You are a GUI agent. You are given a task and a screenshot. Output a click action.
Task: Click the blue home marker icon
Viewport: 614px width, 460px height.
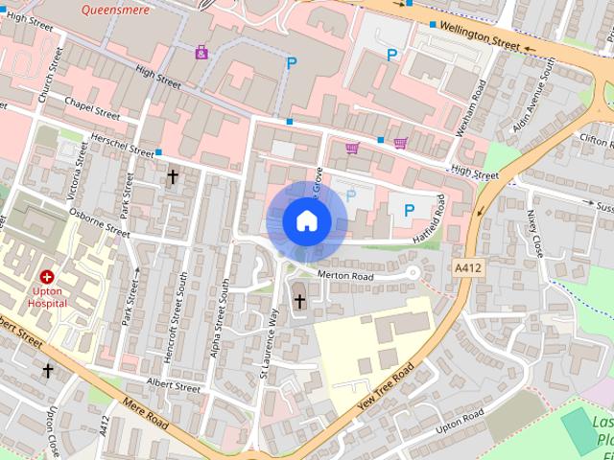[306, 221]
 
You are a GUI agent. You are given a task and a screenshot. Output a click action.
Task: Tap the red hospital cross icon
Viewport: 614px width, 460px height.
[47, 276]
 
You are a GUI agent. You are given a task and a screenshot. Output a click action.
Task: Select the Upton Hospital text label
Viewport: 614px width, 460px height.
[47, 296]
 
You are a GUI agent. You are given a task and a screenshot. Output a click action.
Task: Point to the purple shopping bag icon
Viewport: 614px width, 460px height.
[201, 52]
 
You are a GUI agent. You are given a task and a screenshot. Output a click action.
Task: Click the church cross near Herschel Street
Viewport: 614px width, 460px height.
[173, 176]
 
